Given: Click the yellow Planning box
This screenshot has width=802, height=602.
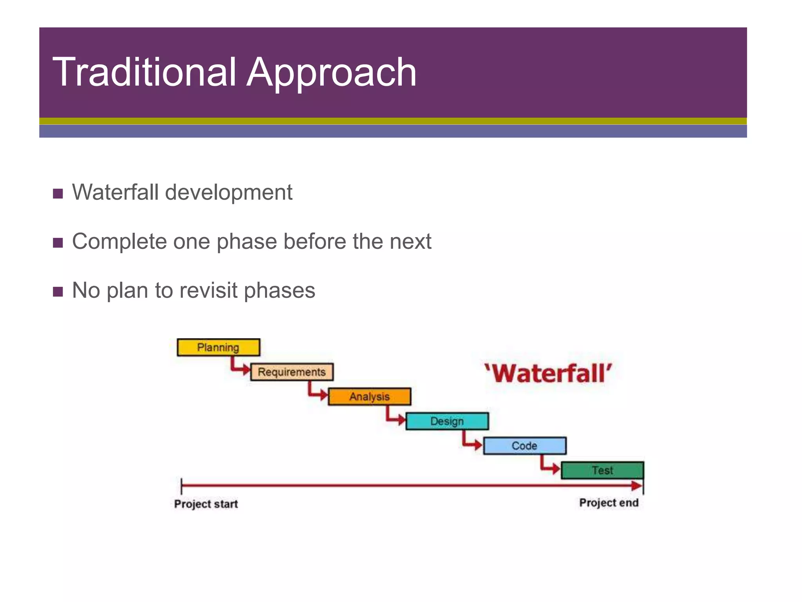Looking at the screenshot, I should (218, 347).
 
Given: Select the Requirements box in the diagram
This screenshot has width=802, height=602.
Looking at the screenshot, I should (292, 372).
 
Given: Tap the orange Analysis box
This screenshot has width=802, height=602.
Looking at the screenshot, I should (369, 397).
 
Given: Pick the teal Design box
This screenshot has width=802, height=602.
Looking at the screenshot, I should (447, 421).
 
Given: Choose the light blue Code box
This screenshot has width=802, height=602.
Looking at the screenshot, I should (524, 446).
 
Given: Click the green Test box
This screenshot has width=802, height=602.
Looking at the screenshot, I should (602, 470).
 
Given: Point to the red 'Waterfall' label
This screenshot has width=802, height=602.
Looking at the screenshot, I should (548, 373).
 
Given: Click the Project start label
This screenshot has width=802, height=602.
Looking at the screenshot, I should (206, 504).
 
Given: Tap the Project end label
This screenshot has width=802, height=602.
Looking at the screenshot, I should (609, 502).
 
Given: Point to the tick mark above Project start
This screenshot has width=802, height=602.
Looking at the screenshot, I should (181, 486).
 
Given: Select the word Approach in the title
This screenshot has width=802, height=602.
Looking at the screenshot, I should (331, 72).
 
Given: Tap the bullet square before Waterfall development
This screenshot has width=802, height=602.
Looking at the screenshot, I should (58, 194).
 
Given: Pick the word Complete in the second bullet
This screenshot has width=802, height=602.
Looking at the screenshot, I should (119, 241).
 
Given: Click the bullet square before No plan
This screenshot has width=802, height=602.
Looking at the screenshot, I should (58, 292).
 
